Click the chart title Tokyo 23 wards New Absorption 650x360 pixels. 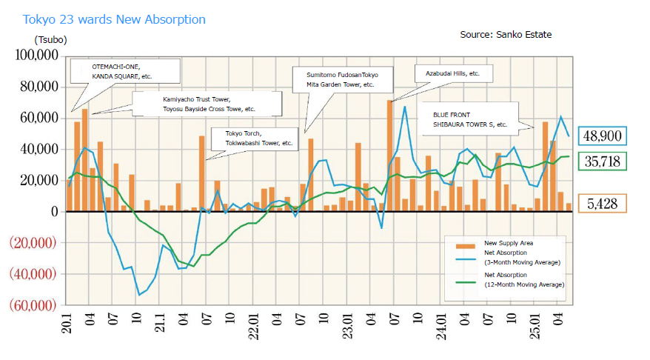114,19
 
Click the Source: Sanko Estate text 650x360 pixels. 506,35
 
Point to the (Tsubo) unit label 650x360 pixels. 50,39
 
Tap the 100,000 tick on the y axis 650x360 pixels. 34,56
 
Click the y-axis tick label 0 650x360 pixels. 53,212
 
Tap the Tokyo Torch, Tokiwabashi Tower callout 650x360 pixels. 257,139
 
